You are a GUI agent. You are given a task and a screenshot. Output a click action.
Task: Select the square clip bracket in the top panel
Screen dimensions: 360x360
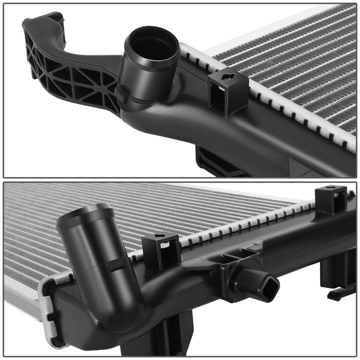point(228,91)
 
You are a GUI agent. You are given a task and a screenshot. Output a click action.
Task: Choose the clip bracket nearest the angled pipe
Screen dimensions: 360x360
point(161,251)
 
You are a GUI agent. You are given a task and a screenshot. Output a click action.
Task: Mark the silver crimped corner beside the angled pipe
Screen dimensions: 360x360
point(49,297)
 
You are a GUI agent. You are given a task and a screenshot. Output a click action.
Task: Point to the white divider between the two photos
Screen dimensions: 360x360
point(180,179)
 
